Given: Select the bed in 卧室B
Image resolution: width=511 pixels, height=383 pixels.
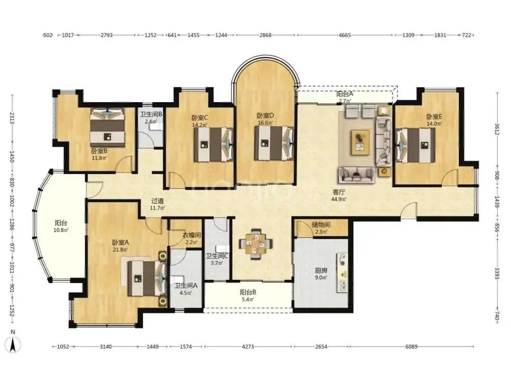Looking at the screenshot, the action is point(107,128).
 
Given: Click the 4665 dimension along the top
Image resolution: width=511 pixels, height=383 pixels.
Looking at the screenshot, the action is point(345,35).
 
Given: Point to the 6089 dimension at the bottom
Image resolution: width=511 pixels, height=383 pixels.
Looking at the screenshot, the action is point(411,347).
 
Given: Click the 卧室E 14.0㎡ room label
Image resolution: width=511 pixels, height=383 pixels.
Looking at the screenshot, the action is point(434,120).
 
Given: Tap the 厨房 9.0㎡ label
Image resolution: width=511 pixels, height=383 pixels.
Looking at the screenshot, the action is point(321,274).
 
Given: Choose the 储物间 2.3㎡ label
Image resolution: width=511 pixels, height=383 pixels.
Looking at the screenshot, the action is point(321,228).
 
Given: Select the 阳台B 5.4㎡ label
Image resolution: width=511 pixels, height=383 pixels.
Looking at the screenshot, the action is point(248,296).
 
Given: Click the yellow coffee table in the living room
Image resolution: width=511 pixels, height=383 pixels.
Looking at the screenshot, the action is point(360,142).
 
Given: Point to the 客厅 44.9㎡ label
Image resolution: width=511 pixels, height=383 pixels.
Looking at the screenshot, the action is point(339,196).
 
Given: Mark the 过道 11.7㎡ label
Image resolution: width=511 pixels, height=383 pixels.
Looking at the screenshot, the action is point(157,204).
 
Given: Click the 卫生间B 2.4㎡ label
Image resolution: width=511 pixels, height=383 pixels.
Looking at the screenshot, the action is point(151,118).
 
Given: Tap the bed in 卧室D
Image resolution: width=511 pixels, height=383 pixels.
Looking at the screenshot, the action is point(274,143).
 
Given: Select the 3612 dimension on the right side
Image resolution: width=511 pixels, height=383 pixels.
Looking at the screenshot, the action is point(497,129).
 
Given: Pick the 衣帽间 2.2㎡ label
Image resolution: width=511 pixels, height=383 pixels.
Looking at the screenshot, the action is point(191,238).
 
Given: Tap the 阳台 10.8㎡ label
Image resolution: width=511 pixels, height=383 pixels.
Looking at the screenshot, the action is point(61,226).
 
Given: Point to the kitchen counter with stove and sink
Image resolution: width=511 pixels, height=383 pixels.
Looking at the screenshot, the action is point(342,272).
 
